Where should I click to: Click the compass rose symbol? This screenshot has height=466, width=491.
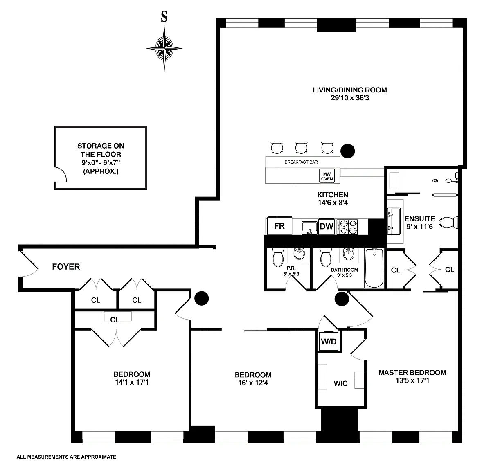click(x=164, y=48)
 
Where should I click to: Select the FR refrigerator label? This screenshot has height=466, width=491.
click(x=279, y=226)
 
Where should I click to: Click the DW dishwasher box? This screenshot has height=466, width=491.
click(x=327, y=226)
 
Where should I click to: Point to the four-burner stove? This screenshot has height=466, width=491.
click(x=347, y=227)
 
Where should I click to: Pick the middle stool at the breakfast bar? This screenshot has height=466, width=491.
click(x=302, y=147)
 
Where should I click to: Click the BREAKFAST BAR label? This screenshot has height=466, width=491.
click(x=301, y=162)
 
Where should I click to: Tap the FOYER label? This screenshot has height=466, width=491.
click(x=66, y=267)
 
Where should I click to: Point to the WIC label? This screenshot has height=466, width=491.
click(x=341, y=383)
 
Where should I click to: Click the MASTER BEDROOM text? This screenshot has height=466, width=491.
click(x=412, y=373)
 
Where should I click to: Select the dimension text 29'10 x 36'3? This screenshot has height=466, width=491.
click(x=350, y=98)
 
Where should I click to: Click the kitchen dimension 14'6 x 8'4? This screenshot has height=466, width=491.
click(x=332, y=203)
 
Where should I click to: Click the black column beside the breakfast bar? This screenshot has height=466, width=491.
click(x=348, y=151)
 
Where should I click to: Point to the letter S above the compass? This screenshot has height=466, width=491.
click(x=164, y=17)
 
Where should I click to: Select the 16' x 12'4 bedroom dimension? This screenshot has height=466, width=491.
click(x=253, y=383)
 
